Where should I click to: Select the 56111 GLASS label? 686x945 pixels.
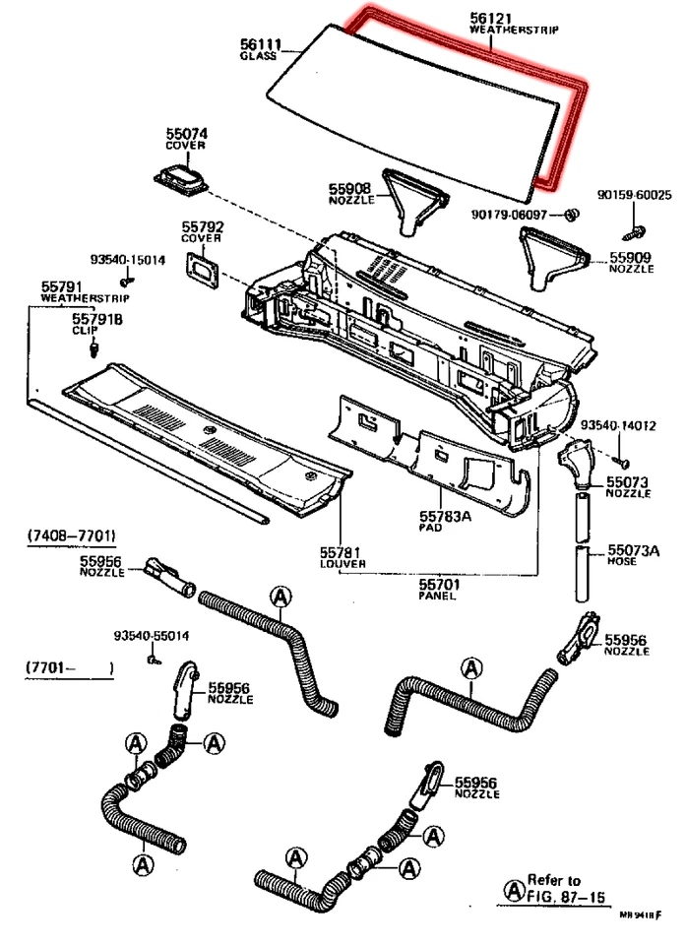pyautogui.click(x=261, y=49)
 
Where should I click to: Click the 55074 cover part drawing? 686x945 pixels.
pyautogui.click(x=182, y=181)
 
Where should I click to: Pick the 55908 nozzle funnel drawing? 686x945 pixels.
pyautogui.click(x=412, y=200)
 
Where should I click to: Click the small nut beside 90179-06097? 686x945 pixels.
pyautogui.click(x=569, y=214)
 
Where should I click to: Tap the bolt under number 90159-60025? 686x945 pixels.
pyautogui.click(x=634, y=231)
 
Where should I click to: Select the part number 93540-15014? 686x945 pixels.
pyautogui.click(x=128, y=260)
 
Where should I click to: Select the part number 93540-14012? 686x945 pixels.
pyautogui.click(x=617, y=425)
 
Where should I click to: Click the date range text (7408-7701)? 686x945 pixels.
pyautogui.click(x=70, y=535)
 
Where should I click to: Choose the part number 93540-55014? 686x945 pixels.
pyautogui.click(x=152, y=636)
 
